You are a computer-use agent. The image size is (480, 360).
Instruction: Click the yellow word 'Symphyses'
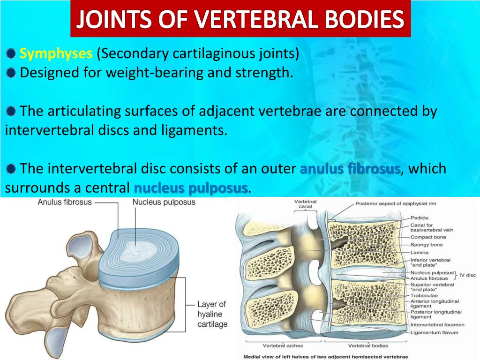[x=56, y=54]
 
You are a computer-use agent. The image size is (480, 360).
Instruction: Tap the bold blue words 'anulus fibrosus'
[x=350, y=168]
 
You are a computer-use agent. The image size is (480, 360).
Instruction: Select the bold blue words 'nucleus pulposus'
[x=191, y=188]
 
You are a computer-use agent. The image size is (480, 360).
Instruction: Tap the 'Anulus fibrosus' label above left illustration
[x=65, y=202]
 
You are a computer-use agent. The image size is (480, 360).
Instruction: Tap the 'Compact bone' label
[x=428, y=237]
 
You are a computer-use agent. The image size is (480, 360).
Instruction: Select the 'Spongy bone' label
[x=426, y=245]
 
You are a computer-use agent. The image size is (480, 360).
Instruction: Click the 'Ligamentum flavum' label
[x=434, y=332]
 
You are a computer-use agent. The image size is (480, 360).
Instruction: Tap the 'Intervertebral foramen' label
[x=437, y=324]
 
